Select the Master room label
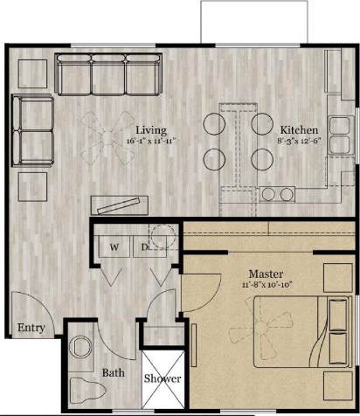(x=266, y=274)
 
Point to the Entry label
(x=31, y=329)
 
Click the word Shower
(x=163, y=378)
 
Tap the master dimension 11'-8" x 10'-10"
(x=266, y=284)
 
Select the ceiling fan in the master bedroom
(x=248, y=333)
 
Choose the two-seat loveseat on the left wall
(x=32, y=126)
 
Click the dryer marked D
(x=145, y=247)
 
